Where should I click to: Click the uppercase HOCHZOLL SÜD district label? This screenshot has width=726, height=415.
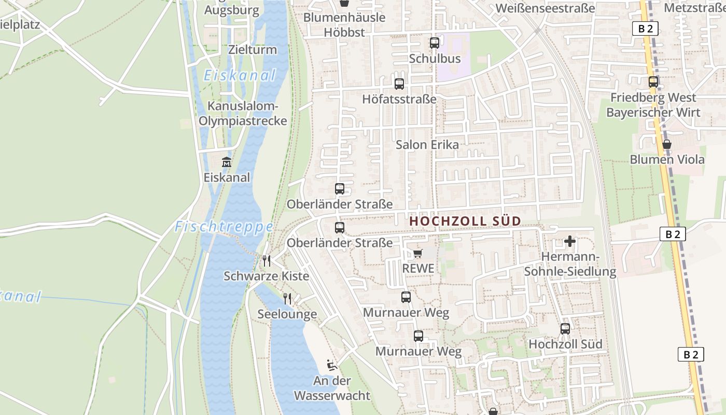coord(465,221)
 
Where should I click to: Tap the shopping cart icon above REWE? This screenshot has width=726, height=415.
coord(418,254)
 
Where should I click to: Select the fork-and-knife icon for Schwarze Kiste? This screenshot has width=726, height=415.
coord(267,260)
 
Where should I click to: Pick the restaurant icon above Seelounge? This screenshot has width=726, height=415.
coord(287,299)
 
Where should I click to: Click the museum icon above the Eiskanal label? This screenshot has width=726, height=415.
coord(227,162)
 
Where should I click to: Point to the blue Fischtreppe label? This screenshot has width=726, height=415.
coord(224,227)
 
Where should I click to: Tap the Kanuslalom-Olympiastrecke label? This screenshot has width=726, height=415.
coord(243,114)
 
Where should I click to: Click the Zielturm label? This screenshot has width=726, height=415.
coord(253,50)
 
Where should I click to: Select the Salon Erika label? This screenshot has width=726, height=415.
coord(427,145)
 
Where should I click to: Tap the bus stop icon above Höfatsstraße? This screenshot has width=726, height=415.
coord(399,84)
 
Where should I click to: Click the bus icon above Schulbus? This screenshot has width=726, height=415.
coord(435,43)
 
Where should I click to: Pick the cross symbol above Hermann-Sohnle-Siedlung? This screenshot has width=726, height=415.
coord(570,241)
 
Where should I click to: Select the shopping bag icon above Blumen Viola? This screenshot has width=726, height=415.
coord(667,144)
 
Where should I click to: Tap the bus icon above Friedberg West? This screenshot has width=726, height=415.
coord(653,81)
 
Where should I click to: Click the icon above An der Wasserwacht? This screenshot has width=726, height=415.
coord(332,365)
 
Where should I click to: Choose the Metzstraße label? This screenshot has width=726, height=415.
coord(694,8)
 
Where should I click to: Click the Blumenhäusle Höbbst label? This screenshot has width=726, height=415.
coord(344,24)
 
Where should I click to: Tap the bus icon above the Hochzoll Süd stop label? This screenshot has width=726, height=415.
coord(565,328)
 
